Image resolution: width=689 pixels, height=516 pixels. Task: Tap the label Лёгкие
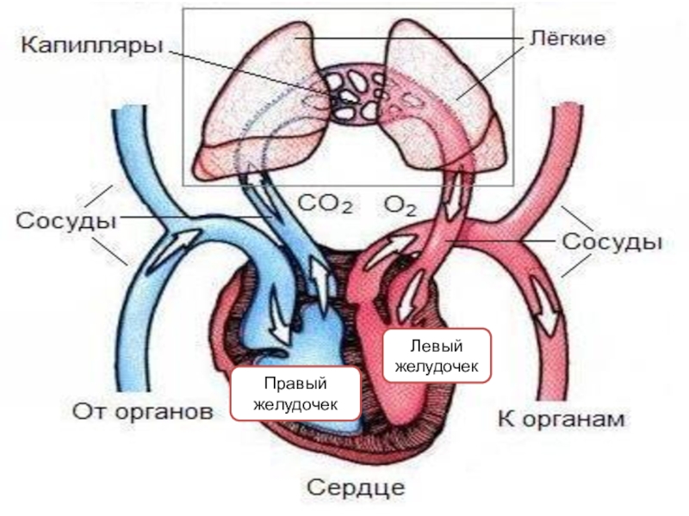tap(566, 39)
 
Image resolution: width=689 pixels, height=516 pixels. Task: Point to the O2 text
tap(400, 206)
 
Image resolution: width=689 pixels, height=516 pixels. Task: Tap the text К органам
tap(562, 420)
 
